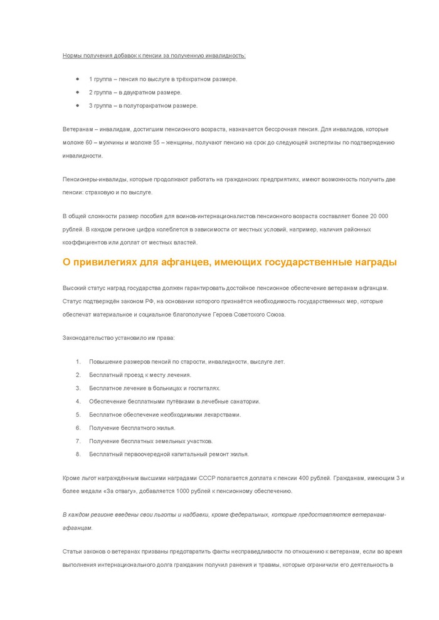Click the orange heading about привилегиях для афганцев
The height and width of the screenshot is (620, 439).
click(x=230, y=261)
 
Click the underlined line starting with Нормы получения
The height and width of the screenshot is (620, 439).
click(x=154, y=56)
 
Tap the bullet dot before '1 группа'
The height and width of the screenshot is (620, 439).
click(x=77, y=79)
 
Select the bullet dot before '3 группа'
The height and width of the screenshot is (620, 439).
click(x=77, y=105)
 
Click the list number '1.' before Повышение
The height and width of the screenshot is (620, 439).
click(x=78, y=362)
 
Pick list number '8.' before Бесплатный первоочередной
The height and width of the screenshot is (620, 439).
click(x=78, y=454)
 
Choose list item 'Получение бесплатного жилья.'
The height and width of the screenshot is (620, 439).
click(x=132, y=428)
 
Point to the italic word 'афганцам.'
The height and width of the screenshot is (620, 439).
click(x=78, y=528)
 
